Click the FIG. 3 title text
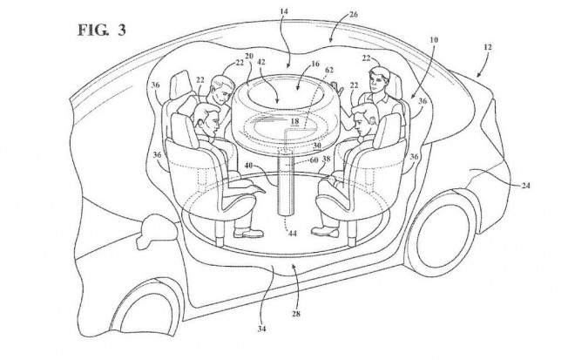102,30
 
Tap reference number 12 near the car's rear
488,47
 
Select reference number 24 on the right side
525,186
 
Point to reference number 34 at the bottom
262,329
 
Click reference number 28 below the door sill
296,314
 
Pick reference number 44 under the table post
293,234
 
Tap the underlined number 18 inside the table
294,121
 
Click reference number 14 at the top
284,11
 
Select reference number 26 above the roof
354,15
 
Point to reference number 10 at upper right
434,39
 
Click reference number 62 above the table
329,70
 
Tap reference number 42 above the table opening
260,62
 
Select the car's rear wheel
442,232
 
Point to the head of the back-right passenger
379,80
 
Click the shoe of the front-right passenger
326,231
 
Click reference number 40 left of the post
248,166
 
